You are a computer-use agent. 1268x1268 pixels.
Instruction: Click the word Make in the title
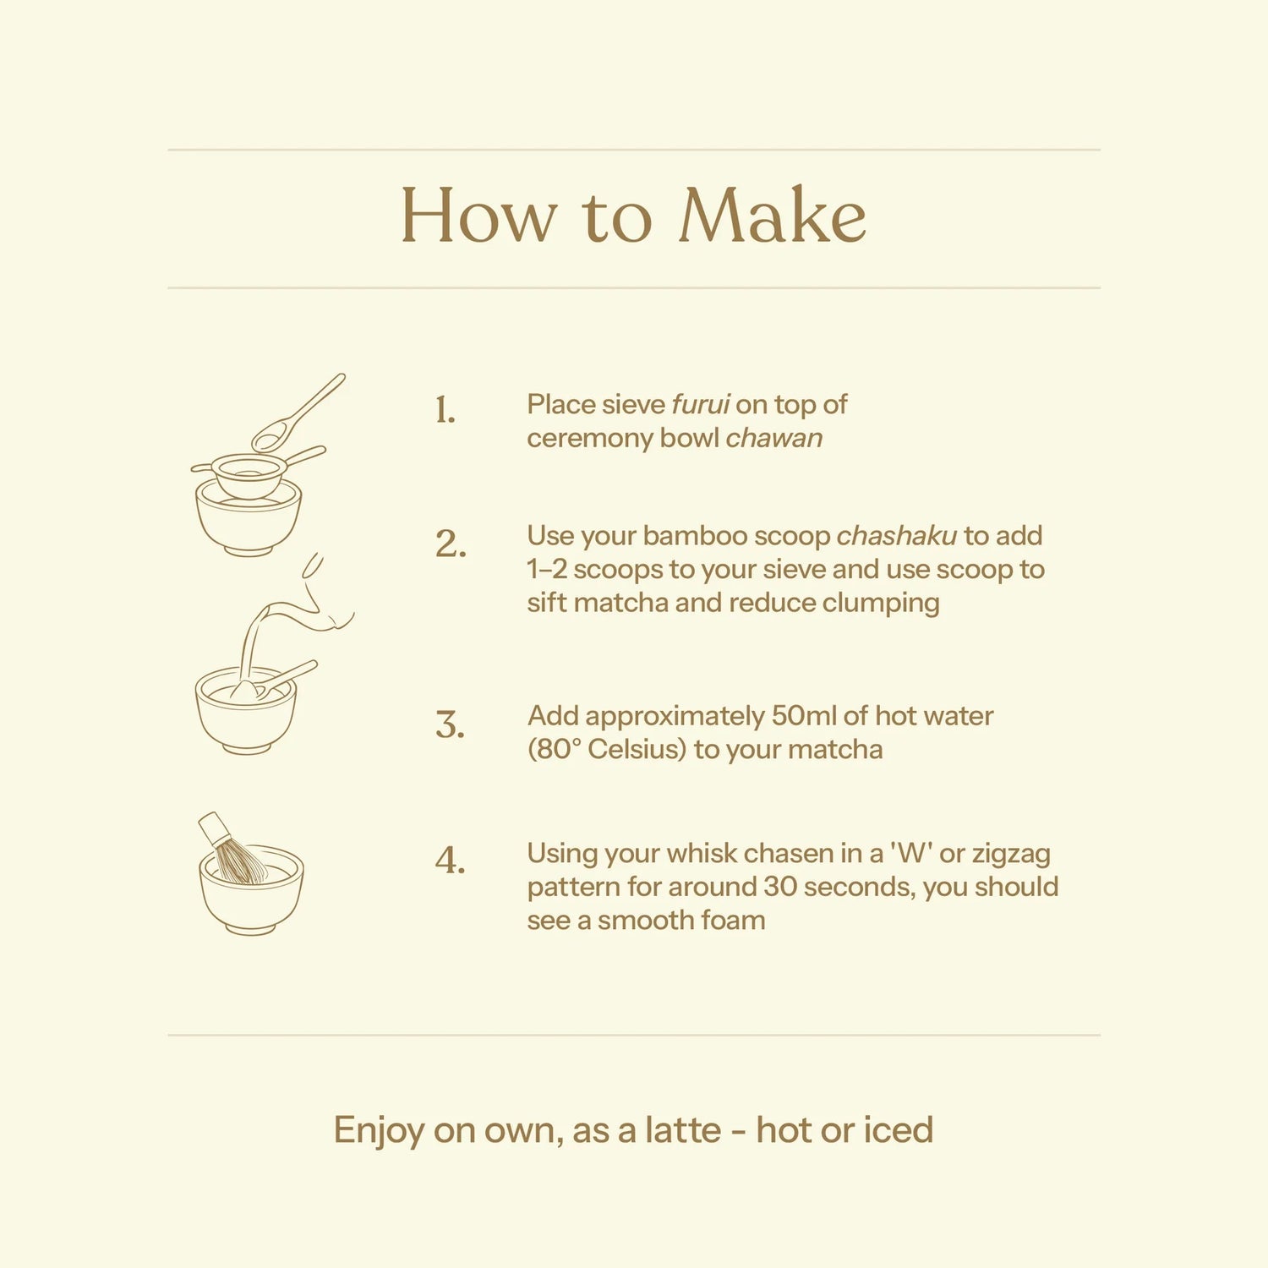point(773,216)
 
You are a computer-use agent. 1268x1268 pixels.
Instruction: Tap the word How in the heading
point(478,216)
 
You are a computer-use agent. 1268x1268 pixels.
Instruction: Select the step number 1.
point(445,410)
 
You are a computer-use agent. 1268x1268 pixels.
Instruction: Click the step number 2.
point(451,544)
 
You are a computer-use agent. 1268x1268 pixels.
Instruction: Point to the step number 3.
point(451,725)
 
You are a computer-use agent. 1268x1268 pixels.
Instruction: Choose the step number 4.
point(451,861)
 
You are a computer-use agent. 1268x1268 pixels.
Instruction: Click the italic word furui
point(701,404)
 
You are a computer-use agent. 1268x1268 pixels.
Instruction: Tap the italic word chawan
point(774,438)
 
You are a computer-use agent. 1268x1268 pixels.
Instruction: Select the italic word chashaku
point(897,535)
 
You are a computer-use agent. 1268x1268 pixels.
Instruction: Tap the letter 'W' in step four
point(912,853)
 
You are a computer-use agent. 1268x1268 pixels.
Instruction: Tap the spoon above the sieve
point(298,413)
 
